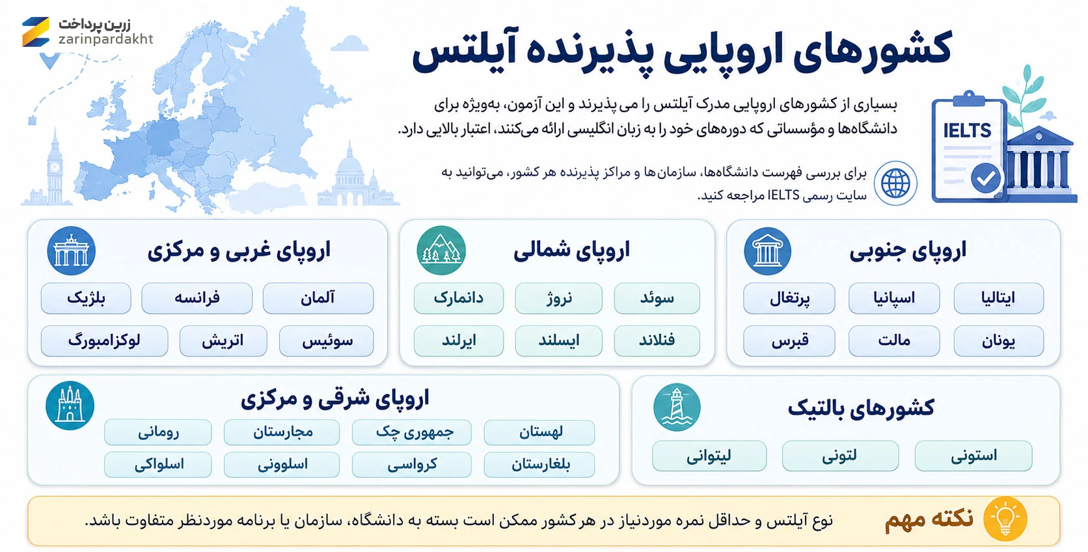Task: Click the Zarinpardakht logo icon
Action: pyautogui.click(x=35, y=32)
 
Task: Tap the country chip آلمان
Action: pyautogui.click(x=318, y=298)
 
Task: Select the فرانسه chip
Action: pyautogui.click(x=197, y=298)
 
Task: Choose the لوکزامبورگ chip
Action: pyautogui.click(x=104, y=340)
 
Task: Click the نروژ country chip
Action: pyautogui.click(x=558, y=298)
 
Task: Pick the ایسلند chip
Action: pyautogui.click(x=558, y=340)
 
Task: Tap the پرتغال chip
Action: pyautogui.click(x=789, y=298)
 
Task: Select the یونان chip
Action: pyautogui.click(x=999, y=340)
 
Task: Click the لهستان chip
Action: pyautogui.click(x=539, y=432)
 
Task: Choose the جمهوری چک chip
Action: pyautogui.click(x=412, y=432)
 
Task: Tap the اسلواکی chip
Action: pyautogui.click(x=158, y=464)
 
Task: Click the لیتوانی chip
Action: pyautogui.click(x=709, y=456)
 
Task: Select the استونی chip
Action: pyautogui.click(x=973, y=456)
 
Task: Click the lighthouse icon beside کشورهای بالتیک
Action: pyautogui.click(x=677, y=407)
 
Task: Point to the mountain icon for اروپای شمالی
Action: pyautogui.click(x=441, y=250)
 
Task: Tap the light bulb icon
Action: pyautogui.click(x=1005, y=519)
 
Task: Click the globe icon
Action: pyautogui.click(x=895, y=183)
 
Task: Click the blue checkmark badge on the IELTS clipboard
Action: pyautogui.click(x=986, y=179)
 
